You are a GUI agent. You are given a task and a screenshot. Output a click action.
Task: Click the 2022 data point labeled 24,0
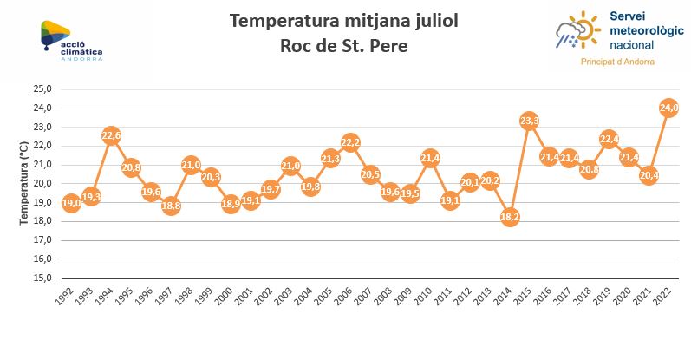click(668, 108)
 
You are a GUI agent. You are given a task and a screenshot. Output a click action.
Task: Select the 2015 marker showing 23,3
click(530, 121)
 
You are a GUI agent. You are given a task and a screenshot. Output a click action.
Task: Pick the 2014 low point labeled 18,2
click(510, 217)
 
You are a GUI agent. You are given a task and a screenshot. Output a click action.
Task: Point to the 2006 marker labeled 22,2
click(350, 142)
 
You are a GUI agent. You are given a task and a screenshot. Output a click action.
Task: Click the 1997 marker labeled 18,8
click(171, 206)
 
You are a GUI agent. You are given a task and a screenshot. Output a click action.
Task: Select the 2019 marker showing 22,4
click(610, 139)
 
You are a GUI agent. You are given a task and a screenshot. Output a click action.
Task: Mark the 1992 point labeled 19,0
click(71, 203)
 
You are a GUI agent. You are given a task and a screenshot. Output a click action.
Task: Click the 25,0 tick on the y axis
click(42, 88)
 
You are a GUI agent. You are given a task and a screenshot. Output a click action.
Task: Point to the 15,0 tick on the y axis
click(42, 278)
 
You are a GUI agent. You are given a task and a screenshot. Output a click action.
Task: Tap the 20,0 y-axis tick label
click(42, 183)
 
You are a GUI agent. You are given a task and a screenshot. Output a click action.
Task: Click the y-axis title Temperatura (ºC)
click(24, 183)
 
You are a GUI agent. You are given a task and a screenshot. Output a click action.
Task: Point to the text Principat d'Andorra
click(616, 62)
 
